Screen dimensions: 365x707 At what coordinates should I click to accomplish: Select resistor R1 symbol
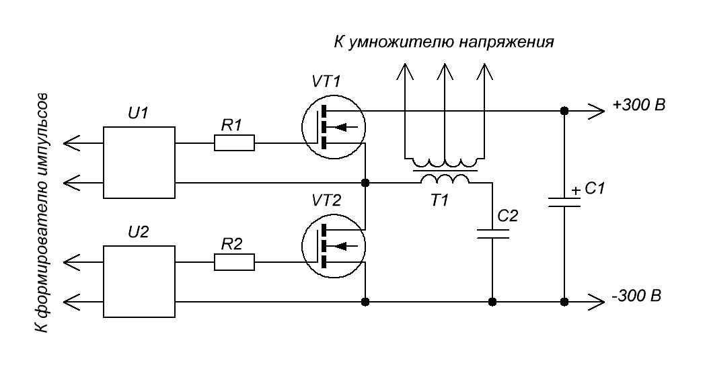(234, 143)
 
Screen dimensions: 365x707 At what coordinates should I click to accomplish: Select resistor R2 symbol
(234, 262)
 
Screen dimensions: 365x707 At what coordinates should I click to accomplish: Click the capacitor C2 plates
(492, 234)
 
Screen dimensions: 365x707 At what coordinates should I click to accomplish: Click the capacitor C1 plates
(564, 203)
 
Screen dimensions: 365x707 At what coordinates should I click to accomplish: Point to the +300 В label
(638, 107)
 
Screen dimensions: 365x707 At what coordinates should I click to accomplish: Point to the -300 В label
(637, 296)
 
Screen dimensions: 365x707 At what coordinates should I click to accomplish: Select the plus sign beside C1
(576, 191)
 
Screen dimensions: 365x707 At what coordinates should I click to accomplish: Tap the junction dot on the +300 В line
(564, 110)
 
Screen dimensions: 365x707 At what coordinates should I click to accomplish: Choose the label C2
(508, 215)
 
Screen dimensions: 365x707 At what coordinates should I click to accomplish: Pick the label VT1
(327, 82)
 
